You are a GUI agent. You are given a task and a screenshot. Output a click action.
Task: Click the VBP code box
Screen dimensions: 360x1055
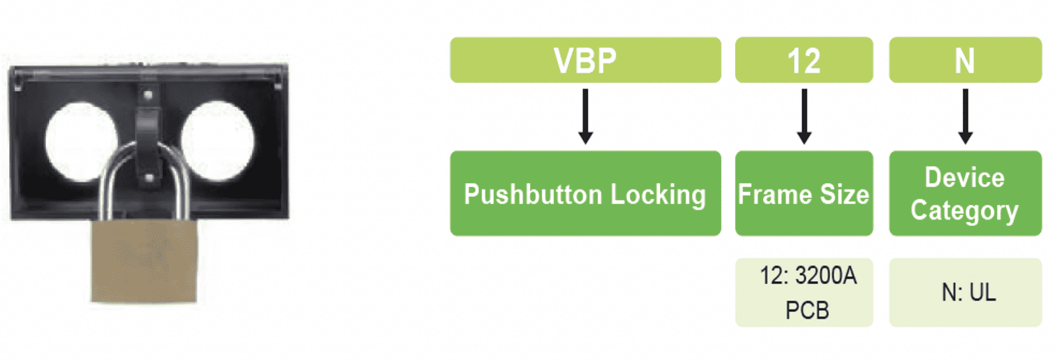pos(585,60)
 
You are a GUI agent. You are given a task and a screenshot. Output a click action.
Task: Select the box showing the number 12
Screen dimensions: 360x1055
pos(804,60)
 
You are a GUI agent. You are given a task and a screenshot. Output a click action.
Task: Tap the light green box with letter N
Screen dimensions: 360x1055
pos(965,60)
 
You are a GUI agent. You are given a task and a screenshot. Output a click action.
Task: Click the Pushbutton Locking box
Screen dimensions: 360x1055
pos(585,193)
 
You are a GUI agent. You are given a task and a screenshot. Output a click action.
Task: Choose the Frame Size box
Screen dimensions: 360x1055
pos(804,193)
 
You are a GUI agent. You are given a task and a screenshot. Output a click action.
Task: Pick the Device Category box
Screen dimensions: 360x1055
pos(965,193)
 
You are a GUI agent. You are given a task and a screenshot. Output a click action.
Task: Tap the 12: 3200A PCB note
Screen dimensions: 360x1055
pos(804,293)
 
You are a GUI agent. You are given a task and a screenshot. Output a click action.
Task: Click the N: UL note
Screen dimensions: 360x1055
pos(965,293)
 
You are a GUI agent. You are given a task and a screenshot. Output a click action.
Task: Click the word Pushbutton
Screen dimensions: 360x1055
pos(533,195)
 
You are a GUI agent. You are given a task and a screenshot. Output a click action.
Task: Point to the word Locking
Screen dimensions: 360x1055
pos(658,195)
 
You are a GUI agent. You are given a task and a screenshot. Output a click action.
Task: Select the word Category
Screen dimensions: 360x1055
pos(964,211)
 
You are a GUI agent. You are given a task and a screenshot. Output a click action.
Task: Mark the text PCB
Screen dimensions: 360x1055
pos(806,310)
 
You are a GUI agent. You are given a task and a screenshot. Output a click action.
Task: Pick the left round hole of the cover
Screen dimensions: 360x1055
pos(80,140)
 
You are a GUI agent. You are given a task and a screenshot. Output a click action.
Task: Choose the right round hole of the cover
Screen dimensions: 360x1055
pos(218,140)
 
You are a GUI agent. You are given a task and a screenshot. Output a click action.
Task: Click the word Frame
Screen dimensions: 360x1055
pos(774,195)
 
